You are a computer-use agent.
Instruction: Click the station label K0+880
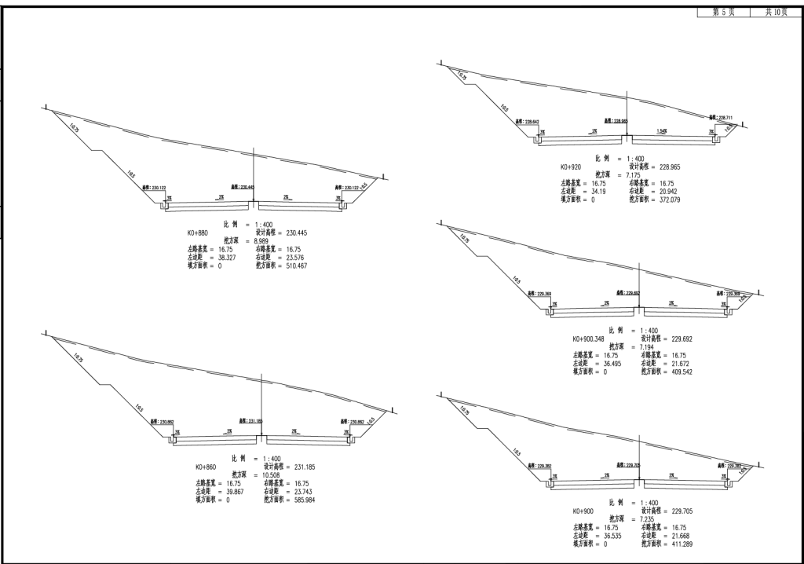point(199,233)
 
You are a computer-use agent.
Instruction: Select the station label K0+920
point(571,167)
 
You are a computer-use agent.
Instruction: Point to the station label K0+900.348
point(590,339)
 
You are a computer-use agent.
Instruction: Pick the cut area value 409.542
point(678,372)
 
